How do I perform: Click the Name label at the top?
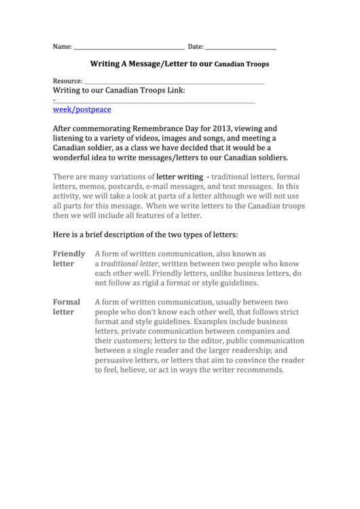click(x=62, y=47)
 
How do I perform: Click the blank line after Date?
click(x=240, y=48)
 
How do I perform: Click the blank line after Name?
click(x=128, y=48)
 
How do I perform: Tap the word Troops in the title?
click(x=257, y=64)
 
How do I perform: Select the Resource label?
click(x=67, y=81)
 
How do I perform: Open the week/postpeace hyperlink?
click(x=82, y=109)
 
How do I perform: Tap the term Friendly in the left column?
click(x=69, y=253)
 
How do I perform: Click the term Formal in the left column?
click(x=66, y=302)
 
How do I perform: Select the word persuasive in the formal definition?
click(x=120, y=360)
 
